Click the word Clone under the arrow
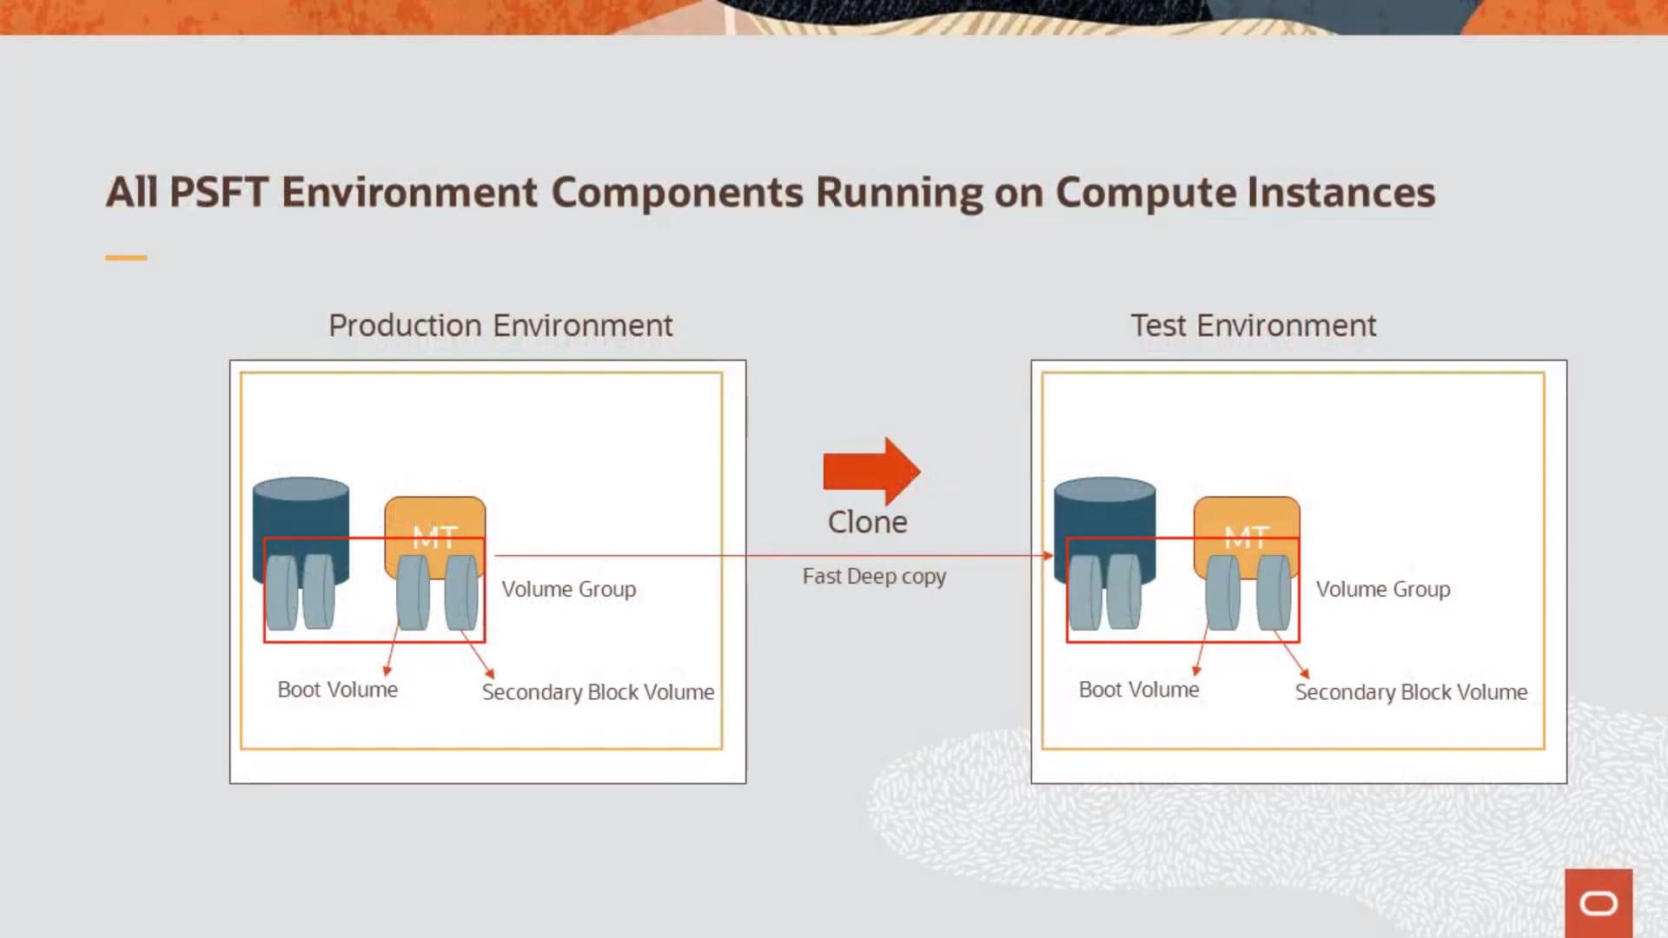[867, 522]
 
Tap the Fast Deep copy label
[874, 576]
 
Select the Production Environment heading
[500, 326]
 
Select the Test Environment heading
[1253, 326]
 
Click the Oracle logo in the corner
[1598, 903]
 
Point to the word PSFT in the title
[219, 192]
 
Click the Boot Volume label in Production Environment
[338, 690]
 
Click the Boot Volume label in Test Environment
[1139, 690]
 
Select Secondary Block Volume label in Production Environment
[598, 692]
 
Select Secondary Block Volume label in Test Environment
[1411, 692]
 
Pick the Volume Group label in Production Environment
[569, 589]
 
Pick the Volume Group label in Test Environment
[1383, 589]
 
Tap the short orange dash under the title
[126, 258]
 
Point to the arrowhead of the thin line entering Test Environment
[1048, 556]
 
